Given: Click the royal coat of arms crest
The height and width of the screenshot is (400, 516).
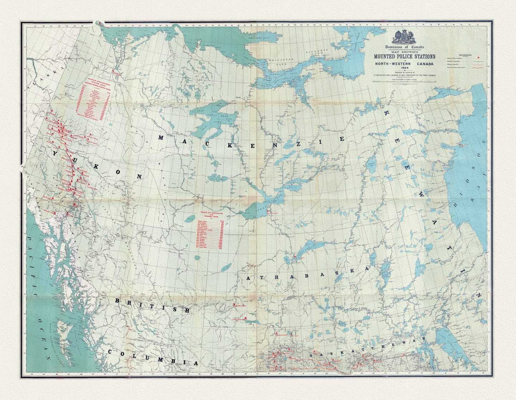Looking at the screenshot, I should (404, 37).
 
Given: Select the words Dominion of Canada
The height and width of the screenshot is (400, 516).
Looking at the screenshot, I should (404, 47).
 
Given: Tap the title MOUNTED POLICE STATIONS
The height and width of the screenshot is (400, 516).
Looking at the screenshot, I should (404, 56).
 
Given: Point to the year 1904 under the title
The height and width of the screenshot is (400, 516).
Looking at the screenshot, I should (404, 68).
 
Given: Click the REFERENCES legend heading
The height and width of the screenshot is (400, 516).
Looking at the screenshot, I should (465, 55).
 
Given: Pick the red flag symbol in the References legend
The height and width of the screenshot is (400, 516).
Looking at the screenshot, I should (479, 57).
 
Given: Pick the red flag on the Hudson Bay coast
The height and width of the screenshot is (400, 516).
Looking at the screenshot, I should (461, 144).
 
